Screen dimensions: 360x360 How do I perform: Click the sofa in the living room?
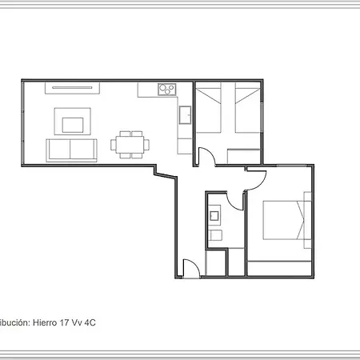[x=71, y=149]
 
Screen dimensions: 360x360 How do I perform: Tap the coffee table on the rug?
[x=73, y=123]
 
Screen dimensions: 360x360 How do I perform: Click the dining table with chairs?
[x=129, y=144]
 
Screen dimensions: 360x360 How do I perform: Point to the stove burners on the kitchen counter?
[x=167, y=90]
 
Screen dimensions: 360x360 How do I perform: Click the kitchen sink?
[x=185, y=116]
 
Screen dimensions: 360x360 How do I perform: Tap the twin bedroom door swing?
[x=205, y=157]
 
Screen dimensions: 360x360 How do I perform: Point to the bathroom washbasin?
[x=215, y=214]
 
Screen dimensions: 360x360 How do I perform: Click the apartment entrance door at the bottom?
[x=190, y=270]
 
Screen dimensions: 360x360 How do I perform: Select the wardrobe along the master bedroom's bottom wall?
[x=278, y=268]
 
